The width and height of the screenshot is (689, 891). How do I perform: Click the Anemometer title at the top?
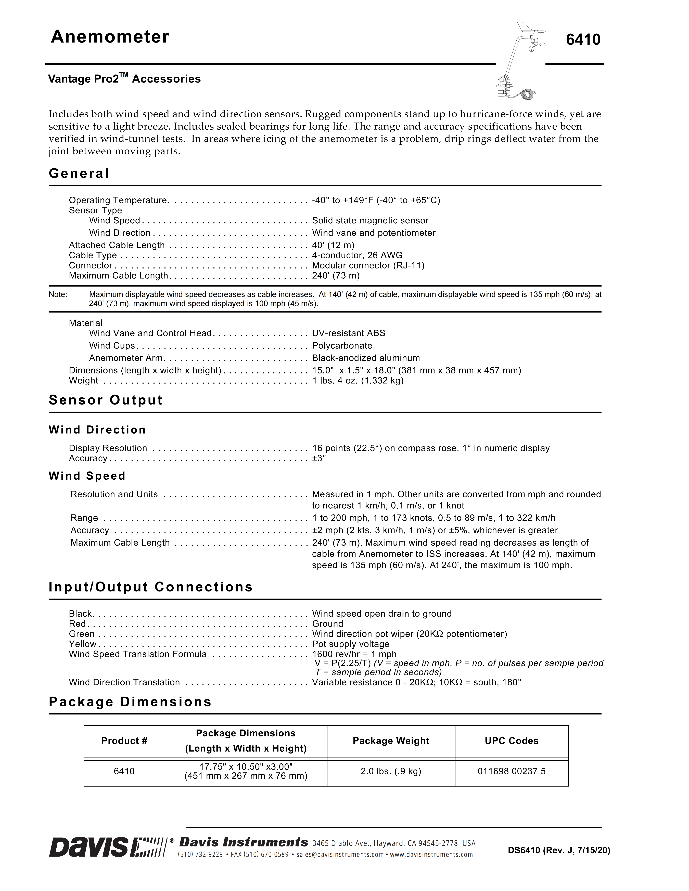(110, 37)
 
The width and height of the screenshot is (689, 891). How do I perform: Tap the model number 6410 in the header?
(583, 40)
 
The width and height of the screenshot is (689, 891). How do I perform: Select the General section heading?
(79, 173)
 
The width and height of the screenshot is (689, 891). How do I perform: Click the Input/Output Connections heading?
(151, 587)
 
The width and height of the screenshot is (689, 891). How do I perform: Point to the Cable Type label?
(93, 255)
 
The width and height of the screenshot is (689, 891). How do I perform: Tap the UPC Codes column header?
(512, 741)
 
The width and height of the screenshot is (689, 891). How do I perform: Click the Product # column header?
(124, 741)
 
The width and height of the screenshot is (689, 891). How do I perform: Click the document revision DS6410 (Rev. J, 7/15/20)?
(559, 851)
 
